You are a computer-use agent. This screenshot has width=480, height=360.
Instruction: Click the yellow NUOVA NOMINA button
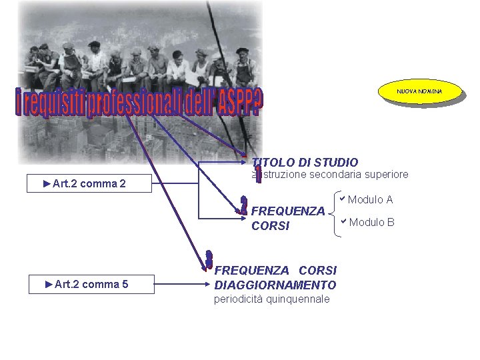coord(419,91)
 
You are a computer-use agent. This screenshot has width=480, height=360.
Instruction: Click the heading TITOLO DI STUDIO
coord(305,162)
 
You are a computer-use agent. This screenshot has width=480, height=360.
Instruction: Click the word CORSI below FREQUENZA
coord(271,226)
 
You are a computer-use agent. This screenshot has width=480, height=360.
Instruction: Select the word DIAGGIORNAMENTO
coord(275,285)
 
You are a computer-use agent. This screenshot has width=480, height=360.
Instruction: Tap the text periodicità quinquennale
coord(271,299)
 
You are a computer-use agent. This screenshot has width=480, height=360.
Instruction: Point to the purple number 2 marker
coord(244,205)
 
